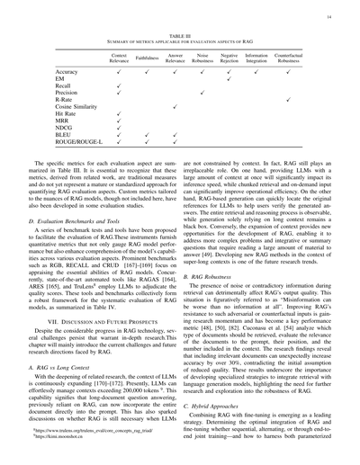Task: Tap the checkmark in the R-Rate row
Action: pos(288,99)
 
